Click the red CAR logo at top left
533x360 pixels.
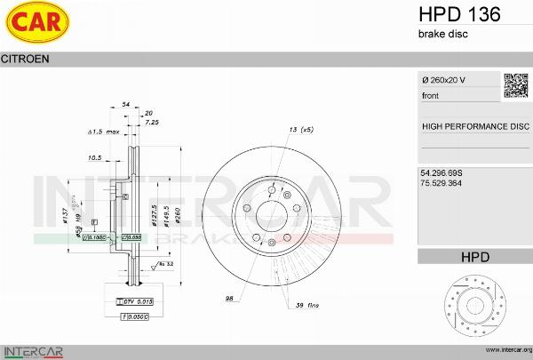coord(38,23)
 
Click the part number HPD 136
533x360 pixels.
coord(458,14)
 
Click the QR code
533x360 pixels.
coord(516,85)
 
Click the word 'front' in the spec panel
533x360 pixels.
coord(431,95)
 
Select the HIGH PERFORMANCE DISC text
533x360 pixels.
coord(475,126)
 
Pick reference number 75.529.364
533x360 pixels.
coord(447,182)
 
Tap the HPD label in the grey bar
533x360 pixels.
coord(475,257)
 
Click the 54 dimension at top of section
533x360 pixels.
coord(126,105)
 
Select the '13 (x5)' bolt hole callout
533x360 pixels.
coord(301,131)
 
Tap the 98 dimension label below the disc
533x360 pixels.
coord(228,298)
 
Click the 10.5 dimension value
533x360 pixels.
coord(94,157)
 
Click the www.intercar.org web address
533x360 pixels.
coord(503,351)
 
